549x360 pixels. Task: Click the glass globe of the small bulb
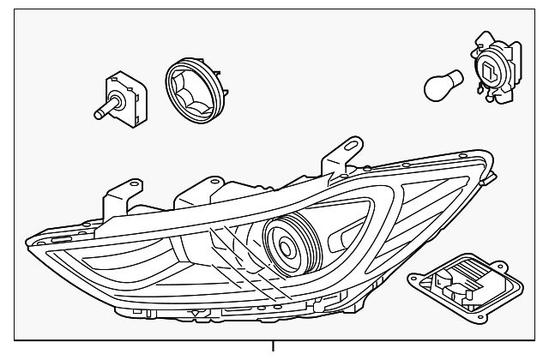point(438,84)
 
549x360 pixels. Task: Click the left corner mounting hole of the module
point(415,278)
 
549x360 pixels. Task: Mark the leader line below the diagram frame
point(274,351)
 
